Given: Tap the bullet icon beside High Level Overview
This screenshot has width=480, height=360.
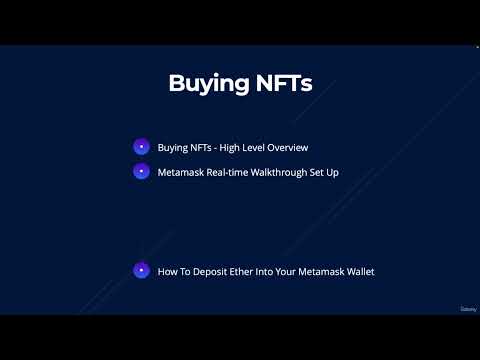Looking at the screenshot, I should tap(141, 147).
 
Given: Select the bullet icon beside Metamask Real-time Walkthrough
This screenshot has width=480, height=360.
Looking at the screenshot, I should tap(141, 171).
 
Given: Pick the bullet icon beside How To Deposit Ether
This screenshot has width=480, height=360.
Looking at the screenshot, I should tap(141, 271).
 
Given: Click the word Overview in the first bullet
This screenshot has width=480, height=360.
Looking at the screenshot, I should tap(286, 147).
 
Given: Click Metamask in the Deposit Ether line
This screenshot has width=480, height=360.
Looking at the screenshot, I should tap(320, 271).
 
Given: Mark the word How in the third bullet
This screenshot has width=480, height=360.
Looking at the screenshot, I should tap(166, 271).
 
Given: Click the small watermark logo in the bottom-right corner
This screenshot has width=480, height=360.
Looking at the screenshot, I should tap(467, 309).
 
